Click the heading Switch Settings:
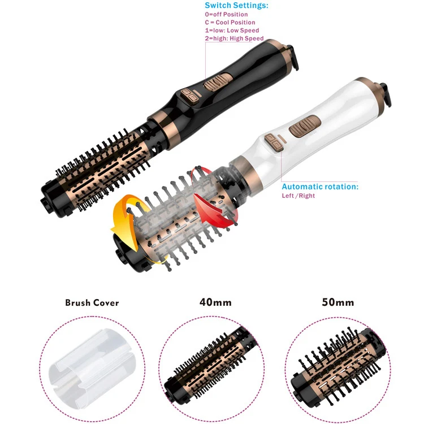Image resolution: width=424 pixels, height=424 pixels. coord(236,6)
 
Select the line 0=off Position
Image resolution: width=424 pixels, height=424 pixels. coord(228,15)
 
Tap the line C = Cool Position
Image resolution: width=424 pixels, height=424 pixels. coord(230,23)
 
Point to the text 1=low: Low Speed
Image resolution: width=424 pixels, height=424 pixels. coord(232,31)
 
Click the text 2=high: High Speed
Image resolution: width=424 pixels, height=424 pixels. coord(234,38)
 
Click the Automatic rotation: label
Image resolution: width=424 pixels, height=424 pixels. coord(320,187)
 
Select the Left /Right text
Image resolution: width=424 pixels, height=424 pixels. coord(298,196)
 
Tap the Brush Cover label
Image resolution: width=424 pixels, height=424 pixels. coord(92,302)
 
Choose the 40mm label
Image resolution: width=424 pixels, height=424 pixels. coord(211,302)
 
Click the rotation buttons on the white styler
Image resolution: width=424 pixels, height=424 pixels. coord(275,141)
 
